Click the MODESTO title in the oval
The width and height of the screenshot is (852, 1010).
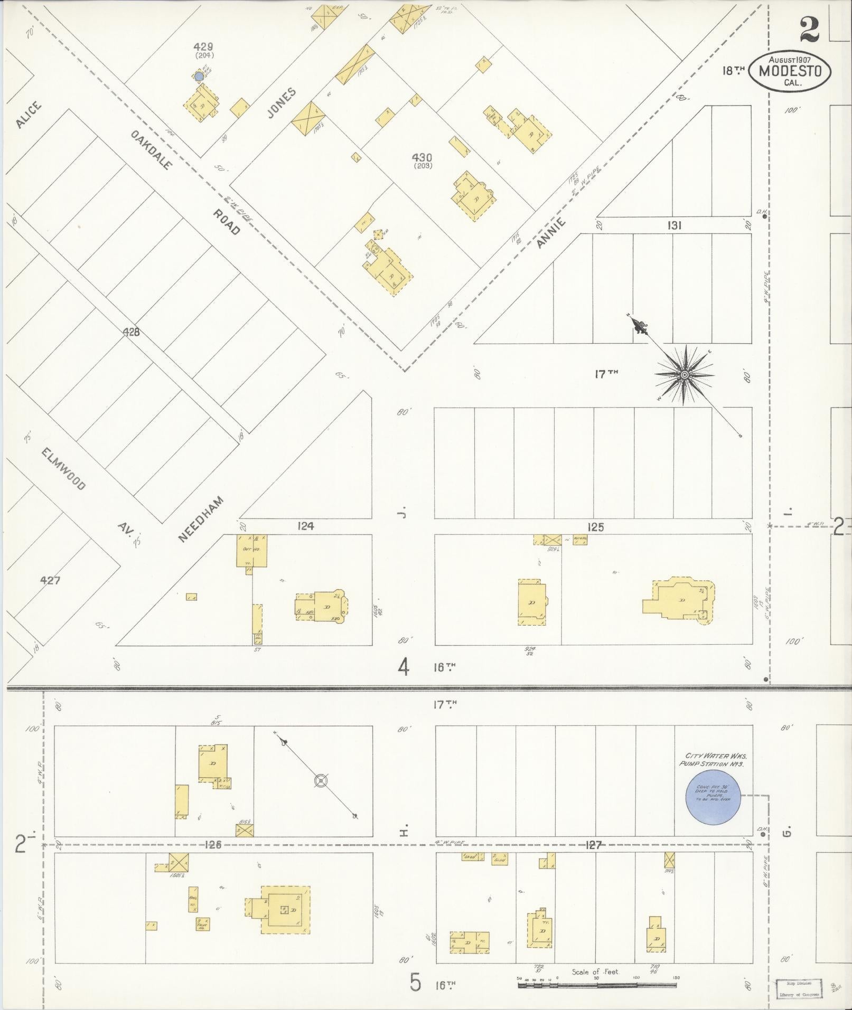790,71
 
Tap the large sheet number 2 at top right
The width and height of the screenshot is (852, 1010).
809,30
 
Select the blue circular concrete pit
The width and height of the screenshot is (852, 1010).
713,811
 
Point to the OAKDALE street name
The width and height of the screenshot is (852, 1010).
152,149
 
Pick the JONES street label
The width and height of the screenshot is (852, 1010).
282,103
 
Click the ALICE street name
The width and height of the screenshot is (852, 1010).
28,115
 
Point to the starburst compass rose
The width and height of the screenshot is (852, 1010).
684,375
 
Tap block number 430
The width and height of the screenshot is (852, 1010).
423,157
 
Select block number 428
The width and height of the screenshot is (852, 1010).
131,332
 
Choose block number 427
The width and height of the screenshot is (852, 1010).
50,580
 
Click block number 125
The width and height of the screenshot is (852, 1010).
595,527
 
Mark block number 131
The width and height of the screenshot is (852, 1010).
674,225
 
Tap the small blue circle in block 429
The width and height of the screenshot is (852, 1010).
199,77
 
